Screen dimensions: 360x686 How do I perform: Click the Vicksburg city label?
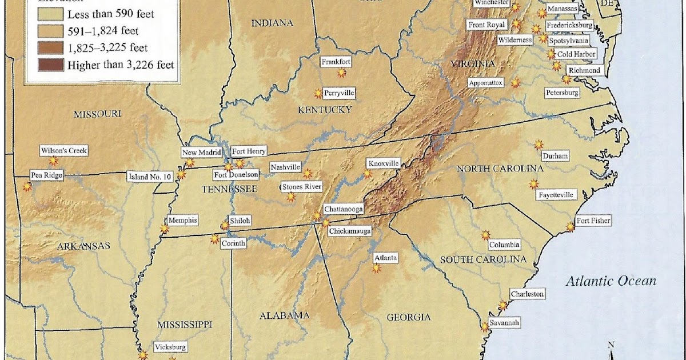pyautogui.click(x=170, y=347)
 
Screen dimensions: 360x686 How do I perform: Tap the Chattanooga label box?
pyautogui.click(x=344, y=210)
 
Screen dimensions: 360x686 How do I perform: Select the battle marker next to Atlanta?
pyautogui.click(x=376, y=268)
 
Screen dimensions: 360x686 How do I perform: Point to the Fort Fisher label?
pyautogui.click(x=593, y=221)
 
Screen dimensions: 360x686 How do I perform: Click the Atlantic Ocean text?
pyautogui.click(x=611, y=281)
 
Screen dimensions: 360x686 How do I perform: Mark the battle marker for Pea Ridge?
pyautogui.click(x=27, y=186)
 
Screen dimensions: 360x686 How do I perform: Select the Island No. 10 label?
pyautogui.click(x=150, y=177)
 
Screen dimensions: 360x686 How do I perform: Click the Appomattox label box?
pyautogui.click(x=486, y=83)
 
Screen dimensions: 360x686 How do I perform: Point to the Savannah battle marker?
pyautogui.click(x=485, y=327)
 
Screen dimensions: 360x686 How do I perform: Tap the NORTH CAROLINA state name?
pyautogui.click(x=500, y=169)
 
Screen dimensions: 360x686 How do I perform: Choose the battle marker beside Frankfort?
pyautogui.click(x=341, y=73)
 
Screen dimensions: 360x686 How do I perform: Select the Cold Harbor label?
pyautogui.click(x=577, y=54)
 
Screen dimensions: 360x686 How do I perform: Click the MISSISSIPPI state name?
pyautogui.click(x=186, y=324)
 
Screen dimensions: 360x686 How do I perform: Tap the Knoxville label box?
pyautogui.click(x=382, y=163)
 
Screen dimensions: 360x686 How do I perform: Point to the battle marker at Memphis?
pyautogui.click(x=165, y=229)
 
